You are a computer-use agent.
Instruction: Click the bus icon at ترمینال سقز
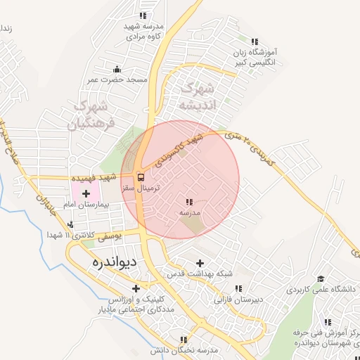tap(140, 177)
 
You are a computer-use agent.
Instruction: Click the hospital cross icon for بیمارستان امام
tap(86, 192)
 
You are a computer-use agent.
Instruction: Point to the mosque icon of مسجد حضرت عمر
tap(117, 70)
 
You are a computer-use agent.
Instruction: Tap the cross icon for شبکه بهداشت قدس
tap(200, 263)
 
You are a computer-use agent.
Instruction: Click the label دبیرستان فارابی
tap(239, 299)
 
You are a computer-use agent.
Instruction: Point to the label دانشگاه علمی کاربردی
tap(319, 289)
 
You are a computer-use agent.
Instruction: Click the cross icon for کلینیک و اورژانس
tap(136, 288)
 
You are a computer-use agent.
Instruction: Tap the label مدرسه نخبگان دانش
tap(184, 349)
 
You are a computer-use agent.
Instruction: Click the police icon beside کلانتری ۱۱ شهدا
tap(70, 225)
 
